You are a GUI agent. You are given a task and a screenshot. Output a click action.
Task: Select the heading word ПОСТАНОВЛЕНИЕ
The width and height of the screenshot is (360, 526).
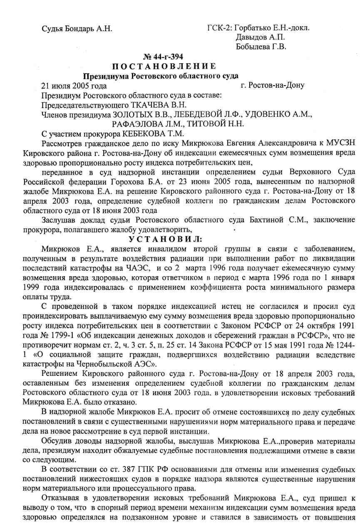coord(164,67)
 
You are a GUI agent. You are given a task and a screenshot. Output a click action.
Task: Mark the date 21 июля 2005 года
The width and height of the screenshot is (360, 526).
coord(74,86)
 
